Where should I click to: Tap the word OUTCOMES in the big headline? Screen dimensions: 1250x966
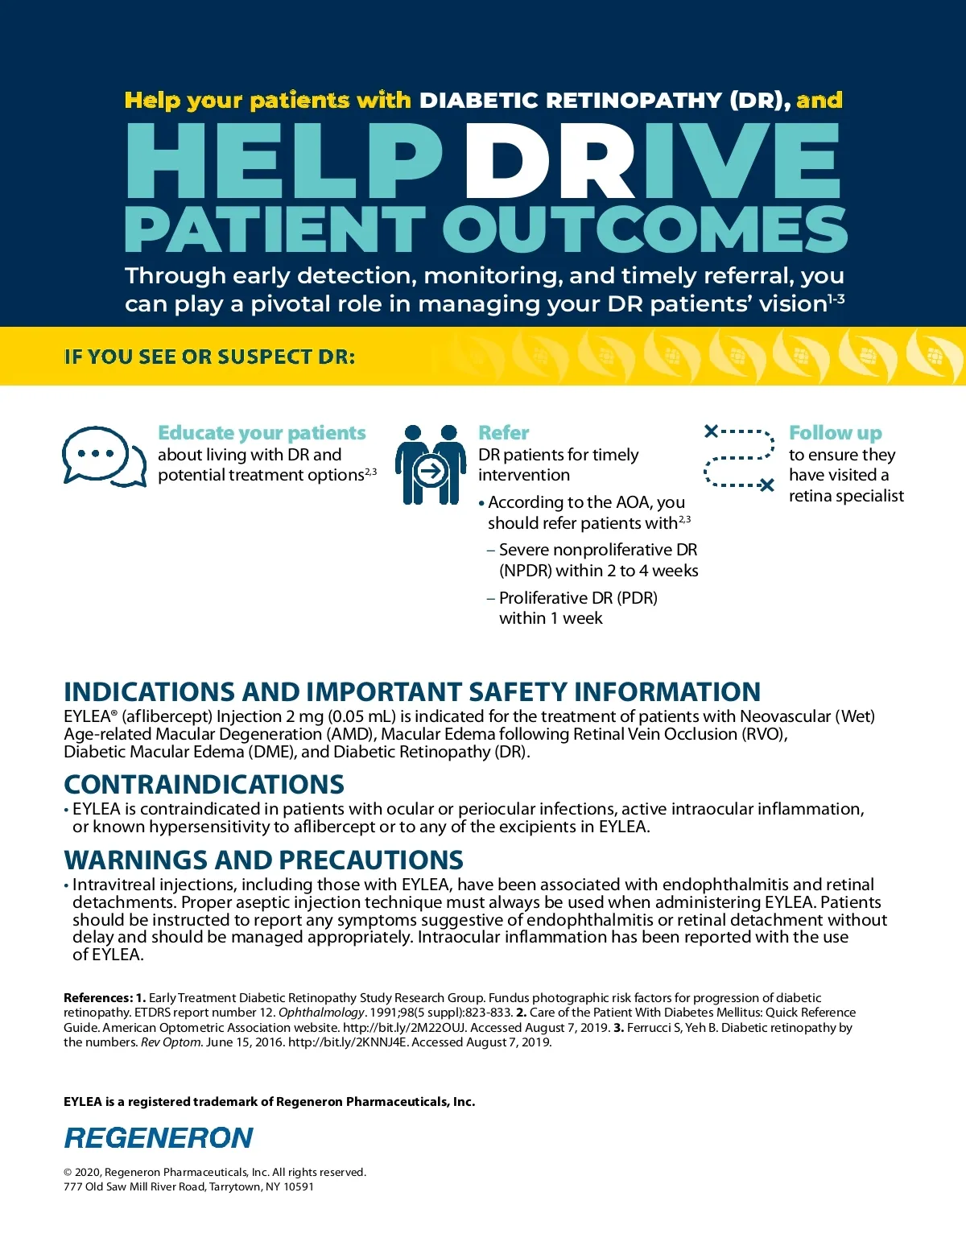[x=644, y=229]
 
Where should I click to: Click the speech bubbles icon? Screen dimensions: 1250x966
[x=103, y=457]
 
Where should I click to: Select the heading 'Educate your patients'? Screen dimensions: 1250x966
[x=262, y=433]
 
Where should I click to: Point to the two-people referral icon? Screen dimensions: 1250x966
[x=431, y=465]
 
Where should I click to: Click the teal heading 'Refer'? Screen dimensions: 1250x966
[x=504, y=433]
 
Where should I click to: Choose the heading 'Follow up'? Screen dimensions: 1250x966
[x=835, y=433]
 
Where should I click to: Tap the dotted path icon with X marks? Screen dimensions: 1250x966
[x=739, y=459]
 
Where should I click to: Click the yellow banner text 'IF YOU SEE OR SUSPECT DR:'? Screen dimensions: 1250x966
[x=209, y=357]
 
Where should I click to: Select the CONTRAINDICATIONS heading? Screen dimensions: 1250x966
[x=204, y=785]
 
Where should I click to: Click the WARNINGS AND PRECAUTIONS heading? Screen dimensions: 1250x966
[x=263, y=860]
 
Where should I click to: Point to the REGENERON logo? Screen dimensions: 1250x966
[x=159, y=1138]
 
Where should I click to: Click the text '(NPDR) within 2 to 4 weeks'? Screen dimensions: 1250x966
[x=598, y=571]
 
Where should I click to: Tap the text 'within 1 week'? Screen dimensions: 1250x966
[x=551, y=618]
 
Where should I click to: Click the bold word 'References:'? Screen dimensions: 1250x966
[x=97, y=998]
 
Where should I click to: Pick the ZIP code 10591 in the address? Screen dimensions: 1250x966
[x=299, y=1186]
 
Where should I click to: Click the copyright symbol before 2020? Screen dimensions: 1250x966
[x=68, y=1173]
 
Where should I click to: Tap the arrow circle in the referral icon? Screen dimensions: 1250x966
[x=431, y=471]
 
